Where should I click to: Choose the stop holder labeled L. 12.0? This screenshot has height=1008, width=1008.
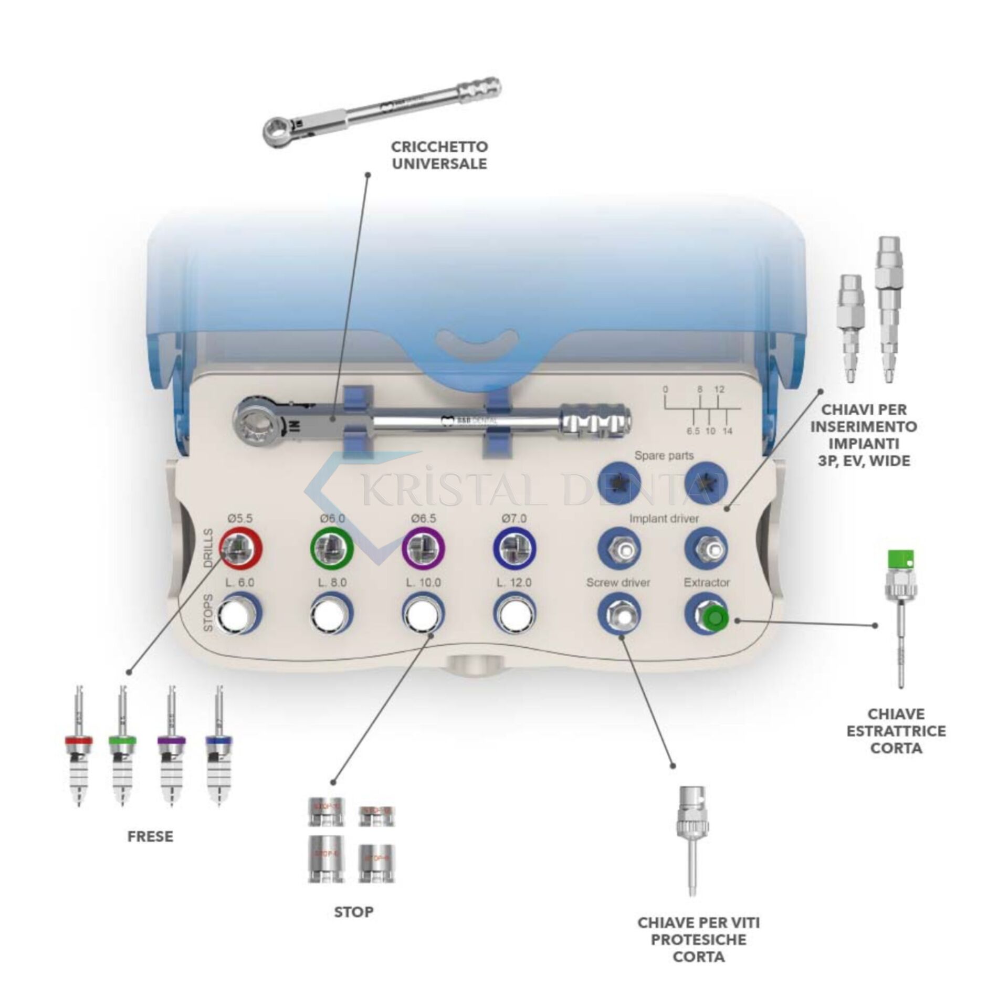click(514, 613)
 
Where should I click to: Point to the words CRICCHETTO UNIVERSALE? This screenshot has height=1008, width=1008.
click(439, 155)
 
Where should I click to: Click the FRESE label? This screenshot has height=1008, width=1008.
click(150, 836)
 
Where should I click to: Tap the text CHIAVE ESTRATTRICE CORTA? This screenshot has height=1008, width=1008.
click(896, 731)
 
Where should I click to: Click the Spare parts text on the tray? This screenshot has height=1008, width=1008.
click(664, 456)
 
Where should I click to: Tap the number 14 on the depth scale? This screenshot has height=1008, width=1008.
click(727, 431)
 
